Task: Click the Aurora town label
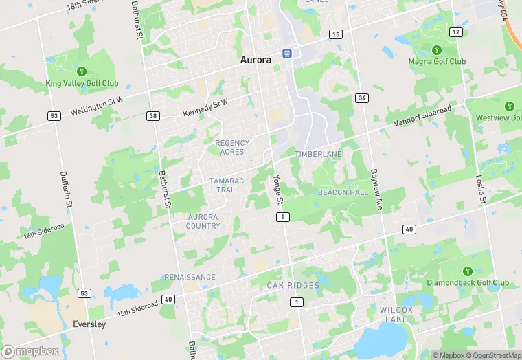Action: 256,60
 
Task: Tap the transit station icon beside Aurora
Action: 287,53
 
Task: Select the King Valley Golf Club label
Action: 82,83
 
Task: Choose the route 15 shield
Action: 335,34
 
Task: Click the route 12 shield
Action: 456,32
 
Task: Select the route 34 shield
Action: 361,98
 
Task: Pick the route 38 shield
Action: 153,115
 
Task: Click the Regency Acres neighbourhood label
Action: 232,147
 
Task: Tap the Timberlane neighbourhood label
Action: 318,155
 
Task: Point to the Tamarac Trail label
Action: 227,185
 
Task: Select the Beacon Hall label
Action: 343,193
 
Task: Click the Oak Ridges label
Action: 293,285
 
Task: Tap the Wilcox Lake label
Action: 396,315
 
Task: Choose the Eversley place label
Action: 89,324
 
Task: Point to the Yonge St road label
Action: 278,186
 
